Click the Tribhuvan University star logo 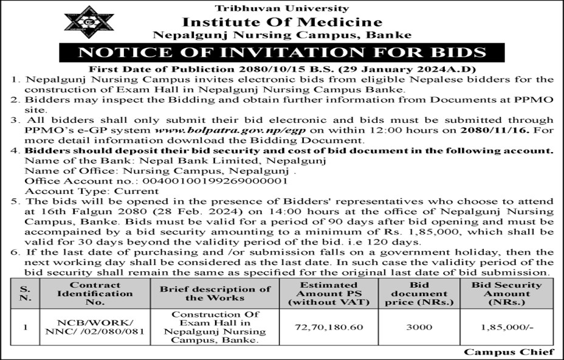89,22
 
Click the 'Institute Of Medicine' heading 282,22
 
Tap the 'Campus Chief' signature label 509,351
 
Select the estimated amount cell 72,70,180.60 329,327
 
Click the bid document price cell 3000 419,327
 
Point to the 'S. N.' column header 25,294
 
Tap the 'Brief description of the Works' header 215,294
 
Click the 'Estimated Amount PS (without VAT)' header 329,294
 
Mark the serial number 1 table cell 25,327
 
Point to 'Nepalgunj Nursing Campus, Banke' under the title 282,35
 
